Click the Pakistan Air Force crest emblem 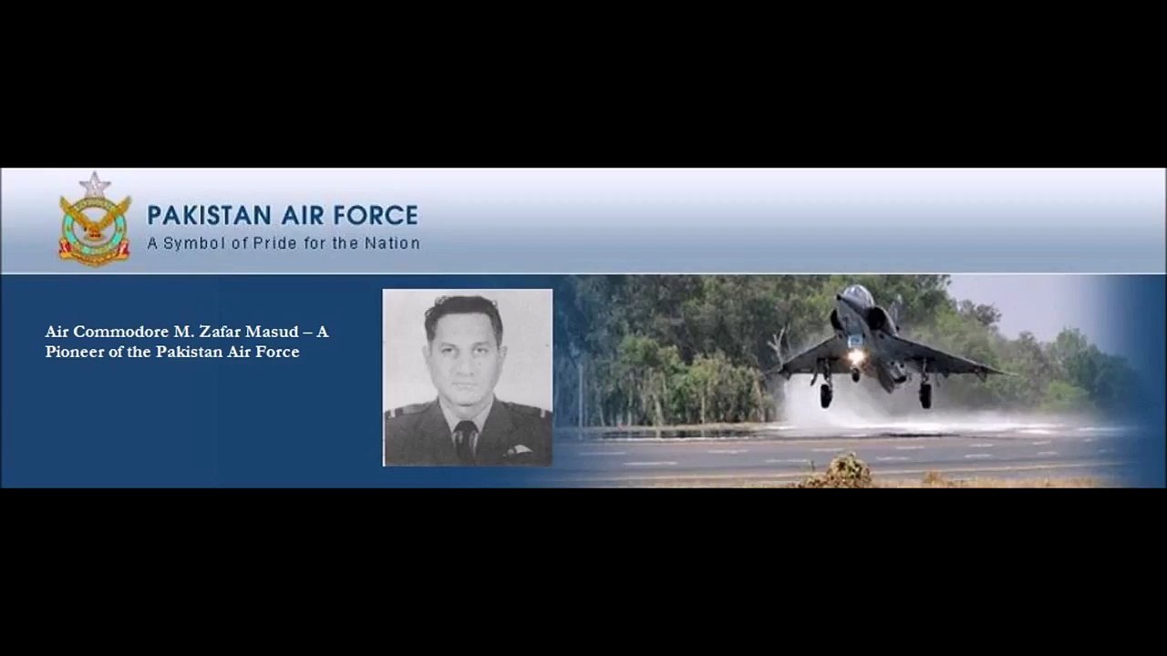click(x=95, y=223)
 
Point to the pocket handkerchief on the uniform click(x=518, y=449)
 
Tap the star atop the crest click(x=95, y=184)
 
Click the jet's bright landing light click(x=856, y=356)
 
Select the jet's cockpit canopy click(x=855, y=296)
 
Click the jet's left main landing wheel click(x=825, y=395)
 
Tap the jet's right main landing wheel click(x=925, y=394)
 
